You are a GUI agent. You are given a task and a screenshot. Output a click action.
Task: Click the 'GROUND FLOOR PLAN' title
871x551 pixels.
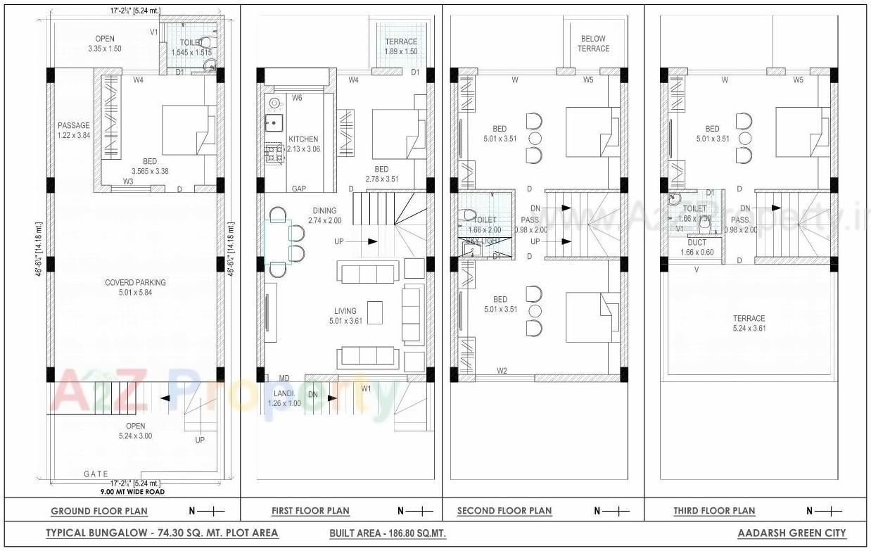pyautogui.click(x=99, y=511)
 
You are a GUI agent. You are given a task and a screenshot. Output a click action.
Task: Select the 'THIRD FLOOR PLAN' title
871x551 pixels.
pyautogui.click(x=714, y=511)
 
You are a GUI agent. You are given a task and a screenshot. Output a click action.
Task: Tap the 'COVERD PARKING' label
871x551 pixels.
pyautogui.click(x=136, y=283)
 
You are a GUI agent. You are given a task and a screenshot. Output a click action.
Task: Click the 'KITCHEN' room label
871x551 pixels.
pyautogui.click(x=303, y=139)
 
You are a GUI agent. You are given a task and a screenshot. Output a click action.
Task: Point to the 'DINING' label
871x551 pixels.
pyautogui.click(x=325, y=210)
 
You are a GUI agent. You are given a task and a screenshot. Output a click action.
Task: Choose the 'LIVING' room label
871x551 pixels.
pyautogui.click(x=345, y=310)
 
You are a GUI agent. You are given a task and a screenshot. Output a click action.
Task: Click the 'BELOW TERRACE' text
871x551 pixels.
pyautogui.click(x=594, y=44)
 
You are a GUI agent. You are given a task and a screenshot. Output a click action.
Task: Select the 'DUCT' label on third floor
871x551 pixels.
pyautogui.click(x=697, y=242)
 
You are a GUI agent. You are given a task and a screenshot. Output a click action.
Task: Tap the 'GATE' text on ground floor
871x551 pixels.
pyautogui.click(x=96, y=474)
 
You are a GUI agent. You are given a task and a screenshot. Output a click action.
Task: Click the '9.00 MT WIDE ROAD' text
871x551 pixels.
pyautogui.click(x=132, y=492)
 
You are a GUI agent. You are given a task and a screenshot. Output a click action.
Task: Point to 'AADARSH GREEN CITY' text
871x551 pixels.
pyautogui.click(x=791, y=533)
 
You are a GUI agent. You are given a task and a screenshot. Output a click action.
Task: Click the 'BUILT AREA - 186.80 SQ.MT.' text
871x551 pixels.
pyautogui.click(x=387, y=533)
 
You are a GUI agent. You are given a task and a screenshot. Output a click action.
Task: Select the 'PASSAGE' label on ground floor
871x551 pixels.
pyautogui.click(x=74, y=126)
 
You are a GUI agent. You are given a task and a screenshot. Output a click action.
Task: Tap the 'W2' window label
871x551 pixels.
pyautogui.click(x=502, y=371)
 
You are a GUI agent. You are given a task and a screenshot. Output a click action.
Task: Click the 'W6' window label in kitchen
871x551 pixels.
pyautogui.click(x=297, y=98)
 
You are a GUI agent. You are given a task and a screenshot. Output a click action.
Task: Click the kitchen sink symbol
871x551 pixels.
pyautogui.click(x=273, y=124)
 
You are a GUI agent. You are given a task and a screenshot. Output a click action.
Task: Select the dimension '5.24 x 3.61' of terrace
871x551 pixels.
pyautogui.click(x=749, y=329)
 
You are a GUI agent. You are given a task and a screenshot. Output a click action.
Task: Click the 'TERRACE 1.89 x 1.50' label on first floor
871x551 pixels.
pyautogui.click(x=401, y=46)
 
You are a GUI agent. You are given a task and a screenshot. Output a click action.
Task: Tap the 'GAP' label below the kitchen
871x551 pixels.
pyautogui.click(x=298, y=189)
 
